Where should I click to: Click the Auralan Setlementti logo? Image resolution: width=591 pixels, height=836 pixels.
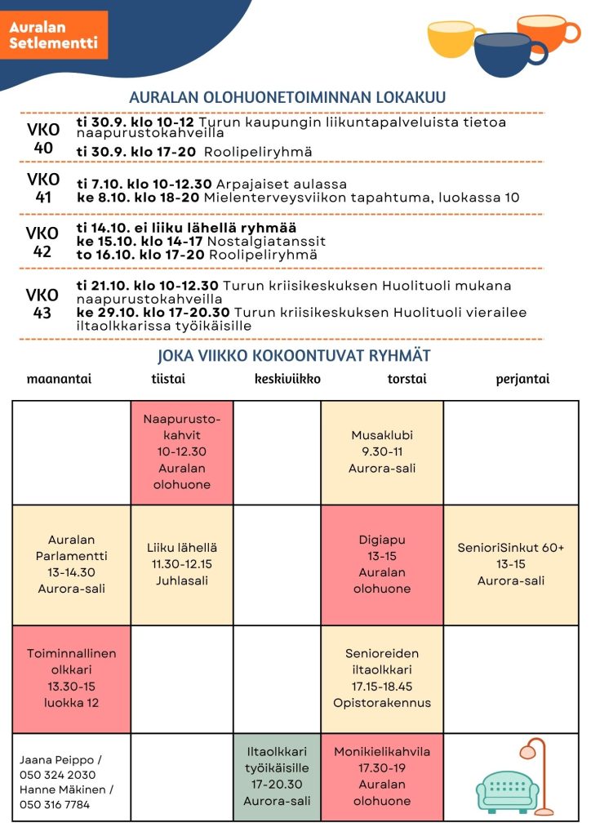click(54, 35)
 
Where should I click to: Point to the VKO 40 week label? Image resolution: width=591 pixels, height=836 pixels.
click(43, 139)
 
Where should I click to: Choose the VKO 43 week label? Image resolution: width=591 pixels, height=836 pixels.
click(42, 304)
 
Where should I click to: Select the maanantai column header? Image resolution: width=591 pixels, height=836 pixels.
click(59, 379)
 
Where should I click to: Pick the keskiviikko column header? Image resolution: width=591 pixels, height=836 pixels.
click(287, 379)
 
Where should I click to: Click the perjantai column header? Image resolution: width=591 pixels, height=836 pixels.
click(522, 379)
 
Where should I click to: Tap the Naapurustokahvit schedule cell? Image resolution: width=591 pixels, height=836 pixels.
click(182, 452)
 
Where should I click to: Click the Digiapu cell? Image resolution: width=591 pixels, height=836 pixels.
click(382, 564)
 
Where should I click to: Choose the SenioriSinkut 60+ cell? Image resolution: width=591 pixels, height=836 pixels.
click(511, 564)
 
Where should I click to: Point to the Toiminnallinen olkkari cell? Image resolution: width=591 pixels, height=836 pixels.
click(72, 678)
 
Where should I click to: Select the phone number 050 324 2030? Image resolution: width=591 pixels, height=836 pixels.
click(58, 775)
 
